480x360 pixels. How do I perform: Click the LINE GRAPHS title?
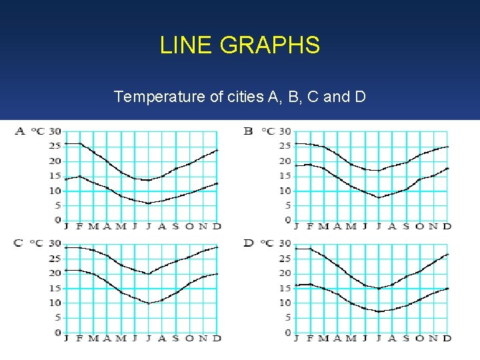coord(240,45)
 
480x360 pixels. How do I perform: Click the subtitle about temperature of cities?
coord(240,97)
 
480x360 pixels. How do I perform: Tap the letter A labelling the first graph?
coord(19,131)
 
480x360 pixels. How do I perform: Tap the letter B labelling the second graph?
coord(248,131)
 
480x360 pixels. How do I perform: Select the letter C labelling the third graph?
coord(19,243)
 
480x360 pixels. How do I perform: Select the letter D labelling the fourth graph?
coord(248,243)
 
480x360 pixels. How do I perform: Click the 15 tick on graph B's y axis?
coord(285,176)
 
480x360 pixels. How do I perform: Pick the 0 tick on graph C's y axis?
coord(58,333)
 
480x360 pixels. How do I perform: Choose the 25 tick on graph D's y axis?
coord(285,258)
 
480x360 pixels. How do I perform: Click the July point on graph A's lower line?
coord(149,203)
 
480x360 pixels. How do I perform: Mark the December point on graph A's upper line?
coord(217,150)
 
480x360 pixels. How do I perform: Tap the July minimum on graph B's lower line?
coord(378,197)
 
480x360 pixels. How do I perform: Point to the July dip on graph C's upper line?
coord(149,273)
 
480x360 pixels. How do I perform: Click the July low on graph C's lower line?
coord(149,303)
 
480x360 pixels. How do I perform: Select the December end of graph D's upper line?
coord(447,254)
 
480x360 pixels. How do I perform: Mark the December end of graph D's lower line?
coord(447,289)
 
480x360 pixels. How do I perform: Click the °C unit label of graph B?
coord(267,131)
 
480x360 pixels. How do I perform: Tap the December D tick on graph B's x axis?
coord(447,227)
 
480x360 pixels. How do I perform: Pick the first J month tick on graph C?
coord(66,339)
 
